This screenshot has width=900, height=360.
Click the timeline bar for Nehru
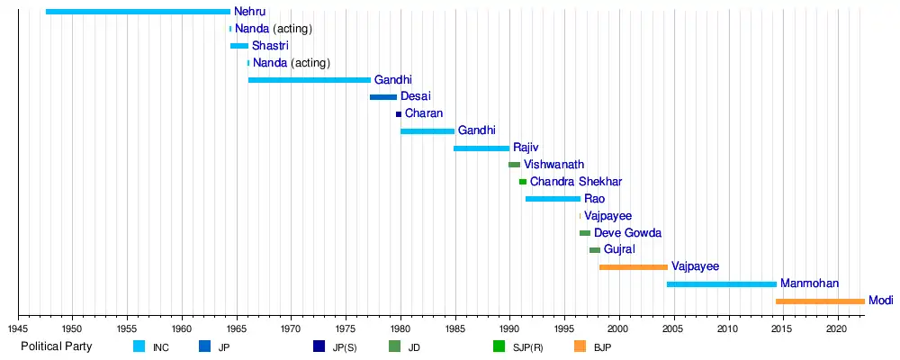pos(138,12)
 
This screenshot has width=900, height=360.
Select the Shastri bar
pos(238,46)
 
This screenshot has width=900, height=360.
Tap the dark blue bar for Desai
pos(383,97)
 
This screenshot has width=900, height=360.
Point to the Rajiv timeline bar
pos(481,148)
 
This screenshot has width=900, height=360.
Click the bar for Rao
pos(553,199)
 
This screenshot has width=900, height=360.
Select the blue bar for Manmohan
pos(722,284)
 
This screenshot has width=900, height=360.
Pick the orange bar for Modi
pos(820,301)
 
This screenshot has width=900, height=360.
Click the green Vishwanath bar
pos(514,166)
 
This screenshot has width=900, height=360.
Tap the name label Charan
pos(423,114)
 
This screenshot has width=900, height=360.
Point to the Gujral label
pos(619,250)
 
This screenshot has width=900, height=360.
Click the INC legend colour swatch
pos(139,346)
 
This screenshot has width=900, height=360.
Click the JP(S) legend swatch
pos(319,346)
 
